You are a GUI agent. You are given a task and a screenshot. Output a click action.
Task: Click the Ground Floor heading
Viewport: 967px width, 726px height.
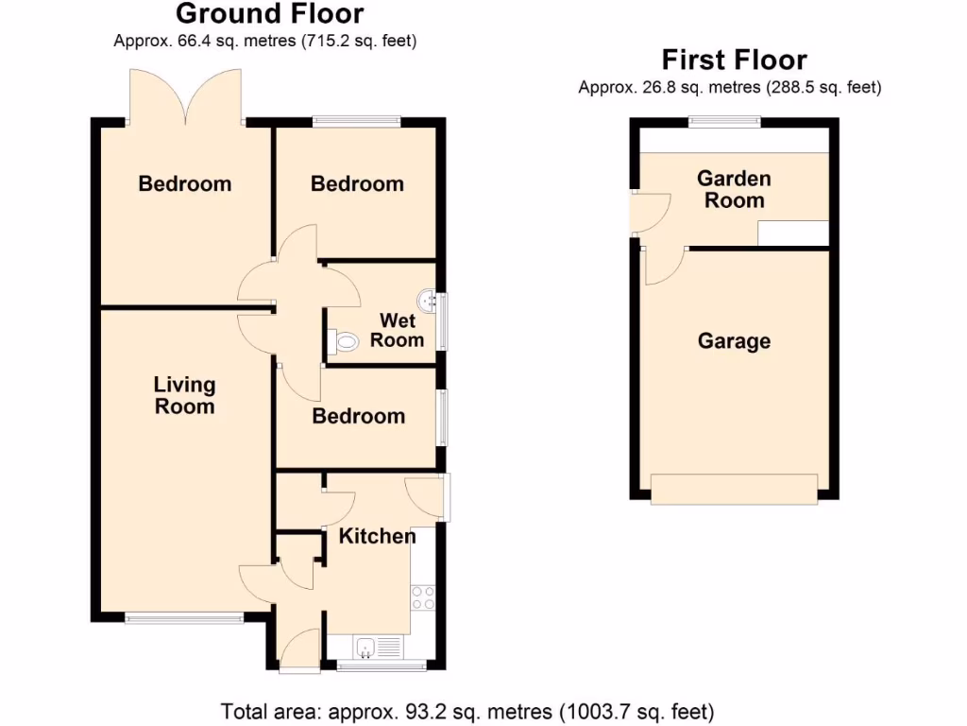coord(269,14)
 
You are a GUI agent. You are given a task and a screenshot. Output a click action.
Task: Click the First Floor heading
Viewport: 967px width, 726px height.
coord(734,60)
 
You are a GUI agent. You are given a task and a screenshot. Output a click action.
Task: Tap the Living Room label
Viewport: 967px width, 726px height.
coord(185,396)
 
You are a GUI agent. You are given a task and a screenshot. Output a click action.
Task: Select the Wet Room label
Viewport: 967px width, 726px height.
coord(397,331)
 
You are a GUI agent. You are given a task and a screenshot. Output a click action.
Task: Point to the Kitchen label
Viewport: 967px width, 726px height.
coord(377,537)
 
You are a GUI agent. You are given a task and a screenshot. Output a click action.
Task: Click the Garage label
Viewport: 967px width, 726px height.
coord(734,341)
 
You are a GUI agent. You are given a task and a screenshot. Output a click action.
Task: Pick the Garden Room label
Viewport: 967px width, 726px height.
coord(734,189)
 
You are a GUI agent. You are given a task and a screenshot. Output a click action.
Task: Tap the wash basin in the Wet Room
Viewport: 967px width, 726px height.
coord(431,301)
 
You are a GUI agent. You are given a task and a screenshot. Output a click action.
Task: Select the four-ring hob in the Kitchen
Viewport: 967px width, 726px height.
coord(423,597)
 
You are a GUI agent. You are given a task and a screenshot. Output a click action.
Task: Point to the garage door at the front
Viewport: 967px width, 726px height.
coord(734,489)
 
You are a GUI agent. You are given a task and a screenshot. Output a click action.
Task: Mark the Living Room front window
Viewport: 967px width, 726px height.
coord(185,619)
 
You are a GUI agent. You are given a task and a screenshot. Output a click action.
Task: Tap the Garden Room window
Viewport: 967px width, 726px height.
coord(724,120)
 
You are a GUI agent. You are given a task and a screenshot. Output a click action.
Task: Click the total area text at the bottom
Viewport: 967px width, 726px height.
coord(467,711)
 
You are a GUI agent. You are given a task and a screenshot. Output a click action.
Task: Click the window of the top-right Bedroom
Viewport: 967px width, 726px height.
coord(356,120)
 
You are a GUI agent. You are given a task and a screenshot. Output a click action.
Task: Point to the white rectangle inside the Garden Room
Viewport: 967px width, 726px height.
coord(793,233)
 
